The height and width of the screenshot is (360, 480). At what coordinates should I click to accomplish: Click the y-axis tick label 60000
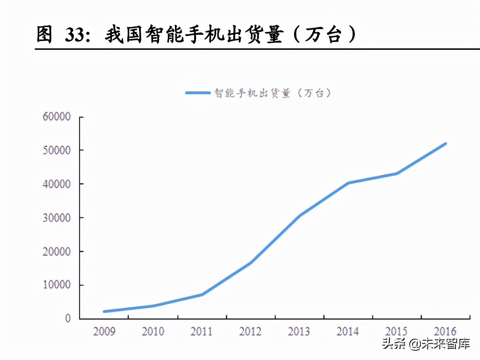57,117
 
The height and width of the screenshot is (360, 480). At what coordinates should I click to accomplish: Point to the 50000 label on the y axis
57,150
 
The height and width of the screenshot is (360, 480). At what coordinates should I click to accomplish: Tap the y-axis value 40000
57,184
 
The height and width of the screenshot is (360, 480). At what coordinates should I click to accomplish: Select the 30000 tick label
57,218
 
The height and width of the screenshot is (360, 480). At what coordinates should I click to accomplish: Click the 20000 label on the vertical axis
57,252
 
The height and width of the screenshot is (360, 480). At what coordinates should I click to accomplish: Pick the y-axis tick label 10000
57,285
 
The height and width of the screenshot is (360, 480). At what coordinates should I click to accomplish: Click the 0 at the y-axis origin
68,318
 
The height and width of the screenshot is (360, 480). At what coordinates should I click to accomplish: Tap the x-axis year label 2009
104,332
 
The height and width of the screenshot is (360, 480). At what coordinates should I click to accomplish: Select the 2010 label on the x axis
153,332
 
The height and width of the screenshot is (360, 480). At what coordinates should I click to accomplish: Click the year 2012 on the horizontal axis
250,332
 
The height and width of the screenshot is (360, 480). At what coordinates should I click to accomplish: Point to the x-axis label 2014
348,332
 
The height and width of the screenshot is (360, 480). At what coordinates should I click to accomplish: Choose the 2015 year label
396,332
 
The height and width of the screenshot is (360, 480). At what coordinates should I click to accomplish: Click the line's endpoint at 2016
445,144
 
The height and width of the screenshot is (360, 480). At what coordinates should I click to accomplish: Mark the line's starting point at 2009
104,311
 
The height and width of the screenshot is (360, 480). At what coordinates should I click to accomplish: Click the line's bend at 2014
348,183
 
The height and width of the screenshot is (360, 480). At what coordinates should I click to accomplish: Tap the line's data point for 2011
202,295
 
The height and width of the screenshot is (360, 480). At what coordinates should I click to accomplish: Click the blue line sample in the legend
198,93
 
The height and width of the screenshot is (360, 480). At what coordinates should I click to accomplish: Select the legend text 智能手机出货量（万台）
273,93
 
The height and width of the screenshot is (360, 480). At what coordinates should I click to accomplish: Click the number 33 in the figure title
76,35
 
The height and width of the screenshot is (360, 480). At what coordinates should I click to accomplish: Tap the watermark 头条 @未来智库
426,344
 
